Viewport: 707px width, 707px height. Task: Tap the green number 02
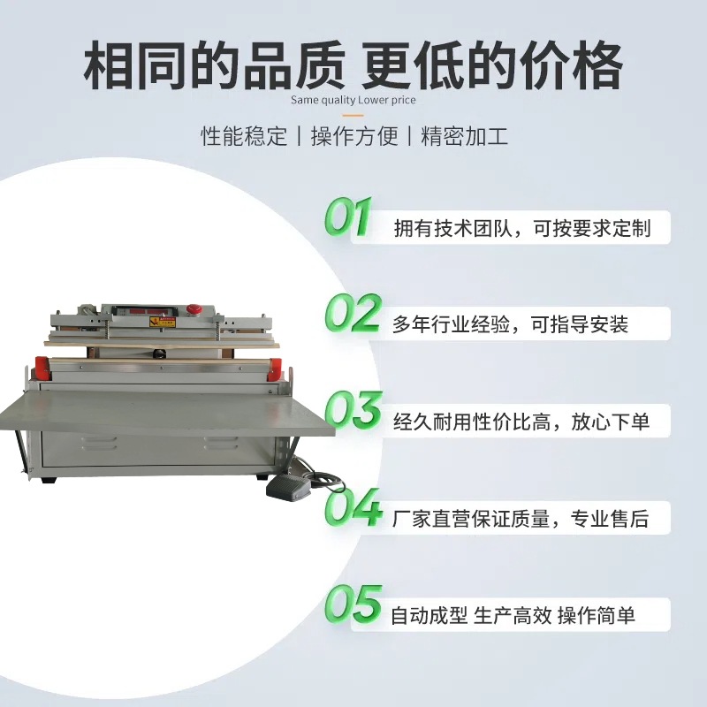click(352, 314)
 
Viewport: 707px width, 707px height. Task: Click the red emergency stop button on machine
click(194, 309)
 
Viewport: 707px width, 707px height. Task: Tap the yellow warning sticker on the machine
click(162, 322)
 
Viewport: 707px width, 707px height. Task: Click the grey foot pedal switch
click(288, 487)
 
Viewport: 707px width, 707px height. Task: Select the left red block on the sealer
click(42, 368)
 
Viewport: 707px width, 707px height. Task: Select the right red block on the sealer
click(275, 369)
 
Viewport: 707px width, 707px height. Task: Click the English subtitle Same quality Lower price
click(353, 100)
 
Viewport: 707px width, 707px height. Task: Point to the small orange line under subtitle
click(353, 115)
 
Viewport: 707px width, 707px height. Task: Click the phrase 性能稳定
click(244, 138)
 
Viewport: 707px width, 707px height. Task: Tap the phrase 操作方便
click(353, 138)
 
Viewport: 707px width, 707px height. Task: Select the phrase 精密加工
click(465, 138)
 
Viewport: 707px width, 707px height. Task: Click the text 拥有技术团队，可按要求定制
click(521, 228)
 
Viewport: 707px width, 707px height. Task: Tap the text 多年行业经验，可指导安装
click(510, 324)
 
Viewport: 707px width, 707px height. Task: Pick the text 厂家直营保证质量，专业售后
click(521, 519)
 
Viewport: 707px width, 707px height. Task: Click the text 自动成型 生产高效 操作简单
click(513, 615)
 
